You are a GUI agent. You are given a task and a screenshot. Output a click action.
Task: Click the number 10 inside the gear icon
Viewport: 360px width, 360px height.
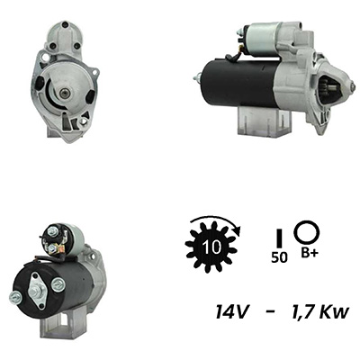211,247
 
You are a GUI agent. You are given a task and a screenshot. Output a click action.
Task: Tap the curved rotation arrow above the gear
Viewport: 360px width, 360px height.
213,218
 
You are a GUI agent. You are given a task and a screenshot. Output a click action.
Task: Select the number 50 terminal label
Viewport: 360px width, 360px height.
279,257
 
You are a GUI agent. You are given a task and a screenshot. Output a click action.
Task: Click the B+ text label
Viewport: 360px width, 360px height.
310,253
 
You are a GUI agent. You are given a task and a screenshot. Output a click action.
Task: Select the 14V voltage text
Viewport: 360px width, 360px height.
231,312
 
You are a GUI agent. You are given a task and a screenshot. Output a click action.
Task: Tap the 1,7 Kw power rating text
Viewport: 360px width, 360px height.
319,312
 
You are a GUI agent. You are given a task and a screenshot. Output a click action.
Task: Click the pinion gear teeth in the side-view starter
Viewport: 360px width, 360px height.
331,87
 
